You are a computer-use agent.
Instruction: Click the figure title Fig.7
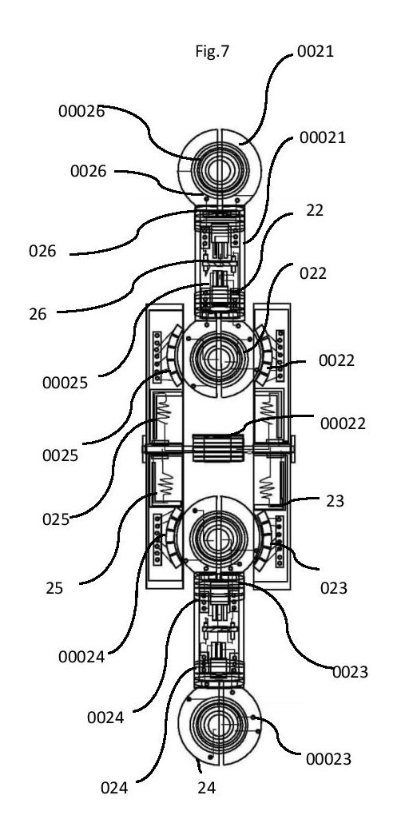(x=212, y=51)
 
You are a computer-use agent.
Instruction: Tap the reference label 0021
(x=316, y=52)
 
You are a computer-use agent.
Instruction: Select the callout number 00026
(x=81, y=111)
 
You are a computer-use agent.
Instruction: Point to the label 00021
(x=322, y=137)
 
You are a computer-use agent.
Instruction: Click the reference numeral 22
(x=315, y=210)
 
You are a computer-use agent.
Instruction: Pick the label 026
(x=42, y=251)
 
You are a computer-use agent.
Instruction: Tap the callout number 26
(x=38, y=314)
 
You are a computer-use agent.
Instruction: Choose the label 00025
(x=65, y=383)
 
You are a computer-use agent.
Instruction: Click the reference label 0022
(x=336, y=361)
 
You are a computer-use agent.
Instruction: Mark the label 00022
(x=343, y=423)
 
